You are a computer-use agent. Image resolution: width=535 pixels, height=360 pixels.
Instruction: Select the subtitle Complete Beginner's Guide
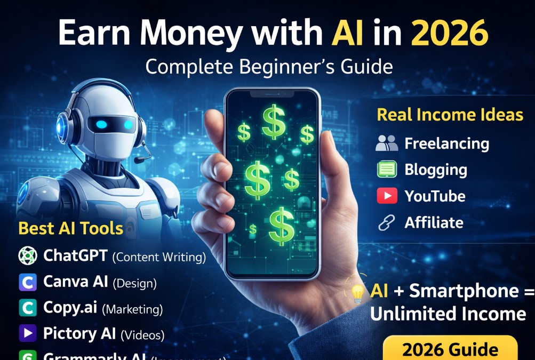point(269,67)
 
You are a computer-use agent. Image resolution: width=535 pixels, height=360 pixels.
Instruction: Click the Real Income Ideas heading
point(450,115)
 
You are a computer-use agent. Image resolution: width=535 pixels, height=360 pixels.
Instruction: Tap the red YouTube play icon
point(387,196)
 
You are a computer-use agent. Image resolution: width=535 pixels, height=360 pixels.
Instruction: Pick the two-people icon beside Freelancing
point(387,143)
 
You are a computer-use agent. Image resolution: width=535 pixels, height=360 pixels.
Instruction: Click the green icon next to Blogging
point(387,170)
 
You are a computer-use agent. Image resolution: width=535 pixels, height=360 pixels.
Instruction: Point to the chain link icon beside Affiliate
point(386,223)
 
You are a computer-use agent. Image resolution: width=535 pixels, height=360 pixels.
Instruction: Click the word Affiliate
point(434,222)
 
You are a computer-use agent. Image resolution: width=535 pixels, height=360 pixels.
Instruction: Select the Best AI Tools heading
point(71,228)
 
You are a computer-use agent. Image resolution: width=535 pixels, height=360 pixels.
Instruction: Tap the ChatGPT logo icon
point(27,256)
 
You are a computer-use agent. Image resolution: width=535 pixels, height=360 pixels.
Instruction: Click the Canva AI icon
point(27,282)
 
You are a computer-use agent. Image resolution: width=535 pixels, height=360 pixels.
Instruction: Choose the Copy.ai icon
point(27,308)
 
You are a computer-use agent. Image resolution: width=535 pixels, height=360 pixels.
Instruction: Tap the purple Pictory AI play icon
point(27,334)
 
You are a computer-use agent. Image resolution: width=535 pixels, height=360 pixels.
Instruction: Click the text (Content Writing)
point(159,257)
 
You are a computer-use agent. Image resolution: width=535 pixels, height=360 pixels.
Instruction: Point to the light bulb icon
point(357,292)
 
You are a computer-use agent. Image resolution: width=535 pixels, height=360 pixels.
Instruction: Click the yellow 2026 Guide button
point(450,349)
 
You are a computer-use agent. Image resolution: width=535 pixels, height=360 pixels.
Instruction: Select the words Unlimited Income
point(448,314)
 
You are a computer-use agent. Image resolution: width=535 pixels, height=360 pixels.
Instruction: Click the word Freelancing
point(446,143)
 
